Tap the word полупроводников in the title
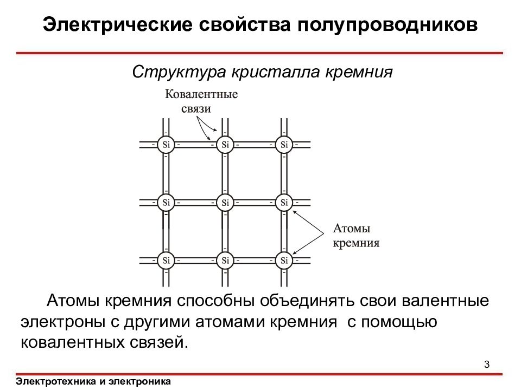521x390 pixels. (x=387, y=24)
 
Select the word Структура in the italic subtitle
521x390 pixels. (x=179, y=72)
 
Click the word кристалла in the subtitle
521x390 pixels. (x=276, y=71)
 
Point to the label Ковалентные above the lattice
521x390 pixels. (x=201, y=94)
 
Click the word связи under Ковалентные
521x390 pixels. (x=196, y=109)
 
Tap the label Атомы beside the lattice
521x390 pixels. (x=352, y=229)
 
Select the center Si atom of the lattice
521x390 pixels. (x=225, y=202)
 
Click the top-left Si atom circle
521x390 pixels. (x=166, y=145)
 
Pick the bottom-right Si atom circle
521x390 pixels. (x=284, y=261)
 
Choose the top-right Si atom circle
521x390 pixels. (x=284, y=145)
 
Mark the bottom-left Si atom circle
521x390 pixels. (x=166, y=261)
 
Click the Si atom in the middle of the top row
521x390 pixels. (x=225, y=145)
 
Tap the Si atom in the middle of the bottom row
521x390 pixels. (x=225, y=261)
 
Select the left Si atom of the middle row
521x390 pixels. (x=166, y=202)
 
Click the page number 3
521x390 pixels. (x=487, y=364)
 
